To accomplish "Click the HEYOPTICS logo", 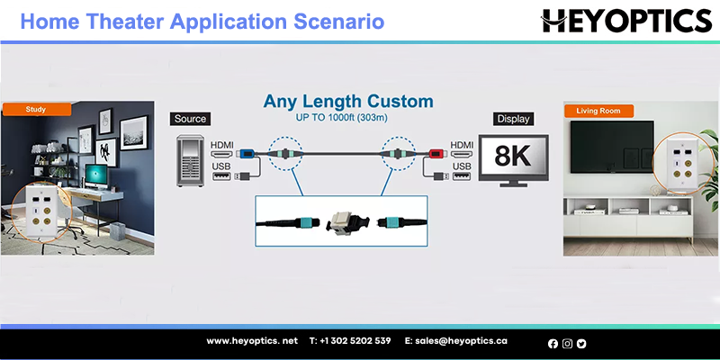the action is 626,21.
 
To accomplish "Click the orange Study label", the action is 37,110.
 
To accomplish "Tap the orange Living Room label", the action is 598,111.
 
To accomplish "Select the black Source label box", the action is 190,119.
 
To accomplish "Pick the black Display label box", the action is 513,119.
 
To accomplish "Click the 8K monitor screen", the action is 513,157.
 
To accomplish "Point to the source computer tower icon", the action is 190,160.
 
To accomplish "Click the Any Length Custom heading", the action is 348,102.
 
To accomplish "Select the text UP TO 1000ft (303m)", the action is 342,118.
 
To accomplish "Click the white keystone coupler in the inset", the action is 342,222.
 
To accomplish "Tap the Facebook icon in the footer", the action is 553,344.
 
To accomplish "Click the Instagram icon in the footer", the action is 567,344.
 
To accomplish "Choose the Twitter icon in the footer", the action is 581,344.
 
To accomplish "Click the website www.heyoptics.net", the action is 252,341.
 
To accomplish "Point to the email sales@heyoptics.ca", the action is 456,341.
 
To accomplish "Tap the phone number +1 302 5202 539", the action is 350,341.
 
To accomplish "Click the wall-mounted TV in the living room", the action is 612,147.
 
